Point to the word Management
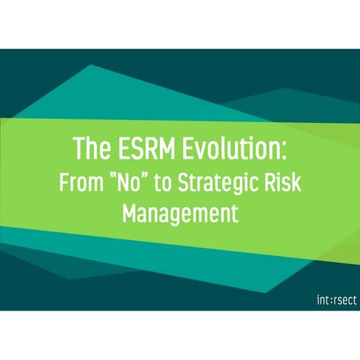(180, 215)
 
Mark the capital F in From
(63, 183)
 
